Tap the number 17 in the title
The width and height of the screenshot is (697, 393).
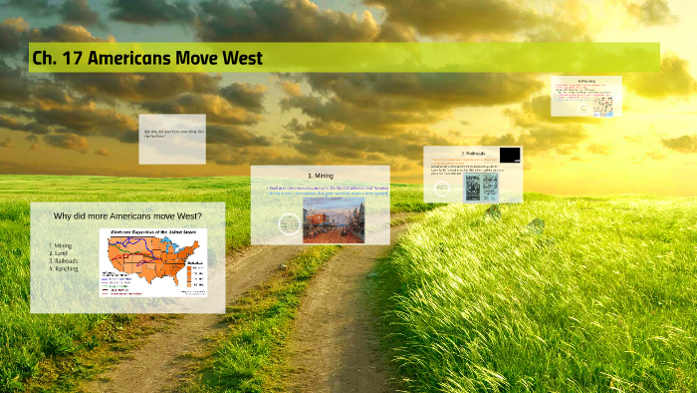[72, 58]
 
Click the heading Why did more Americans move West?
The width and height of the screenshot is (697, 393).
[127, 215]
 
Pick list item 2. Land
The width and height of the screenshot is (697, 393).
[59, 253]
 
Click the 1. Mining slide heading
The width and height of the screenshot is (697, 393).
[320, 176]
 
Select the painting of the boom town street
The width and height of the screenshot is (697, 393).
[334, 217]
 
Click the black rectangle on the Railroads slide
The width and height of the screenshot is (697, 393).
[510, 155]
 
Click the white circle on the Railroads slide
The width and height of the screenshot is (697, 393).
[492, 210]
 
